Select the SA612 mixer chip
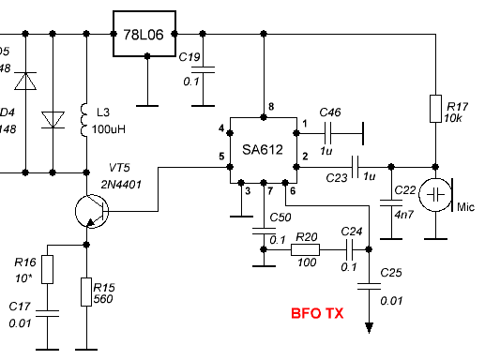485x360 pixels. click(263, 150)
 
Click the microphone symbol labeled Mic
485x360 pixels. click(437, 196)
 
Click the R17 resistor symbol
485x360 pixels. click(436, 108)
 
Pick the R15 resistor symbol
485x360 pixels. click(87, 292)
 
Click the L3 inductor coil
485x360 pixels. click(87, 117)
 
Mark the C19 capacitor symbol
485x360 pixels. click(208, 68)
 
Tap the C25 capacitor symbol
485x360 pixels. click(368, 290)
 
